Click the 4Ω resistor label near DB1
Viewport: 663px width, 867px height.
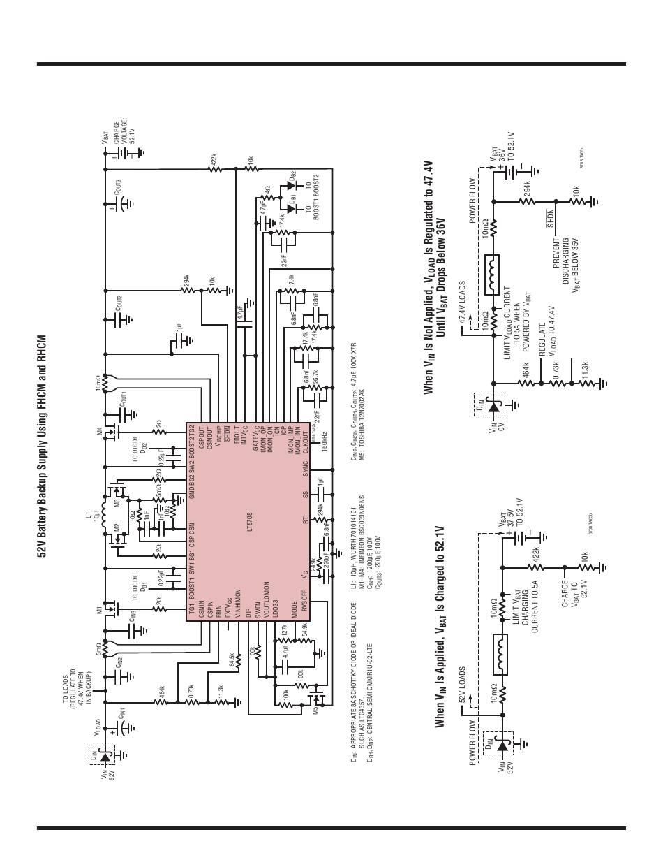[267, 189]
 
